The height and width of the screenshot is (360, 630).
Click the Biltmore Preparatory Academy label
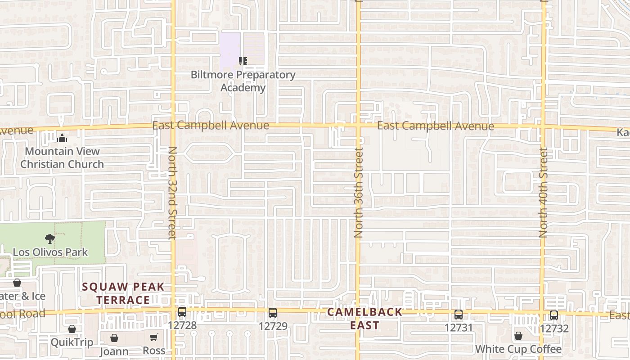pyautogui.click(x=243, y=81)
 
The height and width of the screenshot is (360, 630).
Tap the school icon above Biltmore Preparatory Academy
pyautogui.click(x=243, y=61)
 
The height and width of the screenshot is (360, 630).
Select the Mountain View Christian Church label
pyautogui.click(x=62, y=157)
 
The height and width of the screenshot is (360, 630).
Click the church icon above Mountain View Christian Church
pyautogui.click(x=62, y=138)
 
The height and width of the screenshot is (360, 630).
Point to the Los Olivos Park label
pyautogui.click(x=50, y=252)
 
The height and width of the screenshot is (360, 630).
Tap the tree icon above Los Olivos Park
pyautogui.click(x=50, y=238)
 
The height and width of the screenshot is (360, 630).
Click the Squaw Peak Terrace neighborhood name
pyautogui.click(x=123, y=293)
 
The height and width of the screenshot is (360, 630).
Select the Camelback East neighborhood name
pyautogui.click(x=364, y=318)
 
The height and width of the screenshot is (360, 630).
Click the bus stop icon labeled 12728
pyautogui.click(x=182, y=311)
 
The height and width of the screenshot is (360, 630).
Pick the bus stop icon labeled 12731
pyautogui.click(x=459, y=315)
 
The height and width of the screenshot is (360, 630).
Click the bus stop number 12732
pyautogui.click(x=554, y=328)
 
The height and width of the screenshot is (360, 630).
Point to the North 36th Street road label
pyautogui.click(x=359, y=193)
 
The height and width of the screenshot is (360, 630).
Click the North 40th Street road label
pyautogui.click(x=544, y=193)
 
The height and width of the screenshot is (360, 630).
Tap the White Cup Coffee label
pyautogui.click(x=518, y=349)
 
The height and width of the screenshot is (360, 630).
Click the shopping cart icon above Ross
pyautogui.click(x=154, y=337)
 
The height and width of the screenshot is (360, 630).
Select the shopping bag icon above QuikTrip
pyautogui.click(x=72, y=329)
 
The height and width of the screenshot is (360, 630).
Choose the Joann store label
pyautogui.click(x=114, y=351)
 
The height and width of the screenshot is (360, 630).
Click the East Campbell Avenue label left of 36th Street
pyautogui.click(x=211, y=126)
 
